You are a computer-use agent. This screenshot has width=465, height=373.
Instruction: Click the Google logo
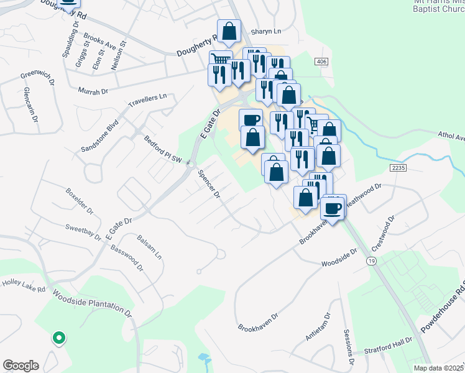[21, 366]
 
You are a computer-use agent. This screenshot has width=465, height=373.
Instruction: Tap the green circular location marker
[59, 338]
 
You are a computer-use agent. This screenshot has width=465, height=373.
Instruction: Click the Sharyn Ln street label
[266, 31]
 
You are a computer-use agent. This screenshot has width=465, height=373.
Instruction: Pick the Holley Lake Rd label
[24, 285]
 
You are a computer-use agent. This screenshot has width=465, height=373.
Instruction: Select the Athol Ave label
[451, 136]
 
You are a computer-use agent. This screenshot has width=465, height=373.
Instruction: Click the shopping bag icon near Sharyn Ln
[229, 30]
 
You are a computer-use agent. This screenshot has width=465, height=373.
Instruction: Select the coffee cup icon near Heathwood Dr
[334, 208]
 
